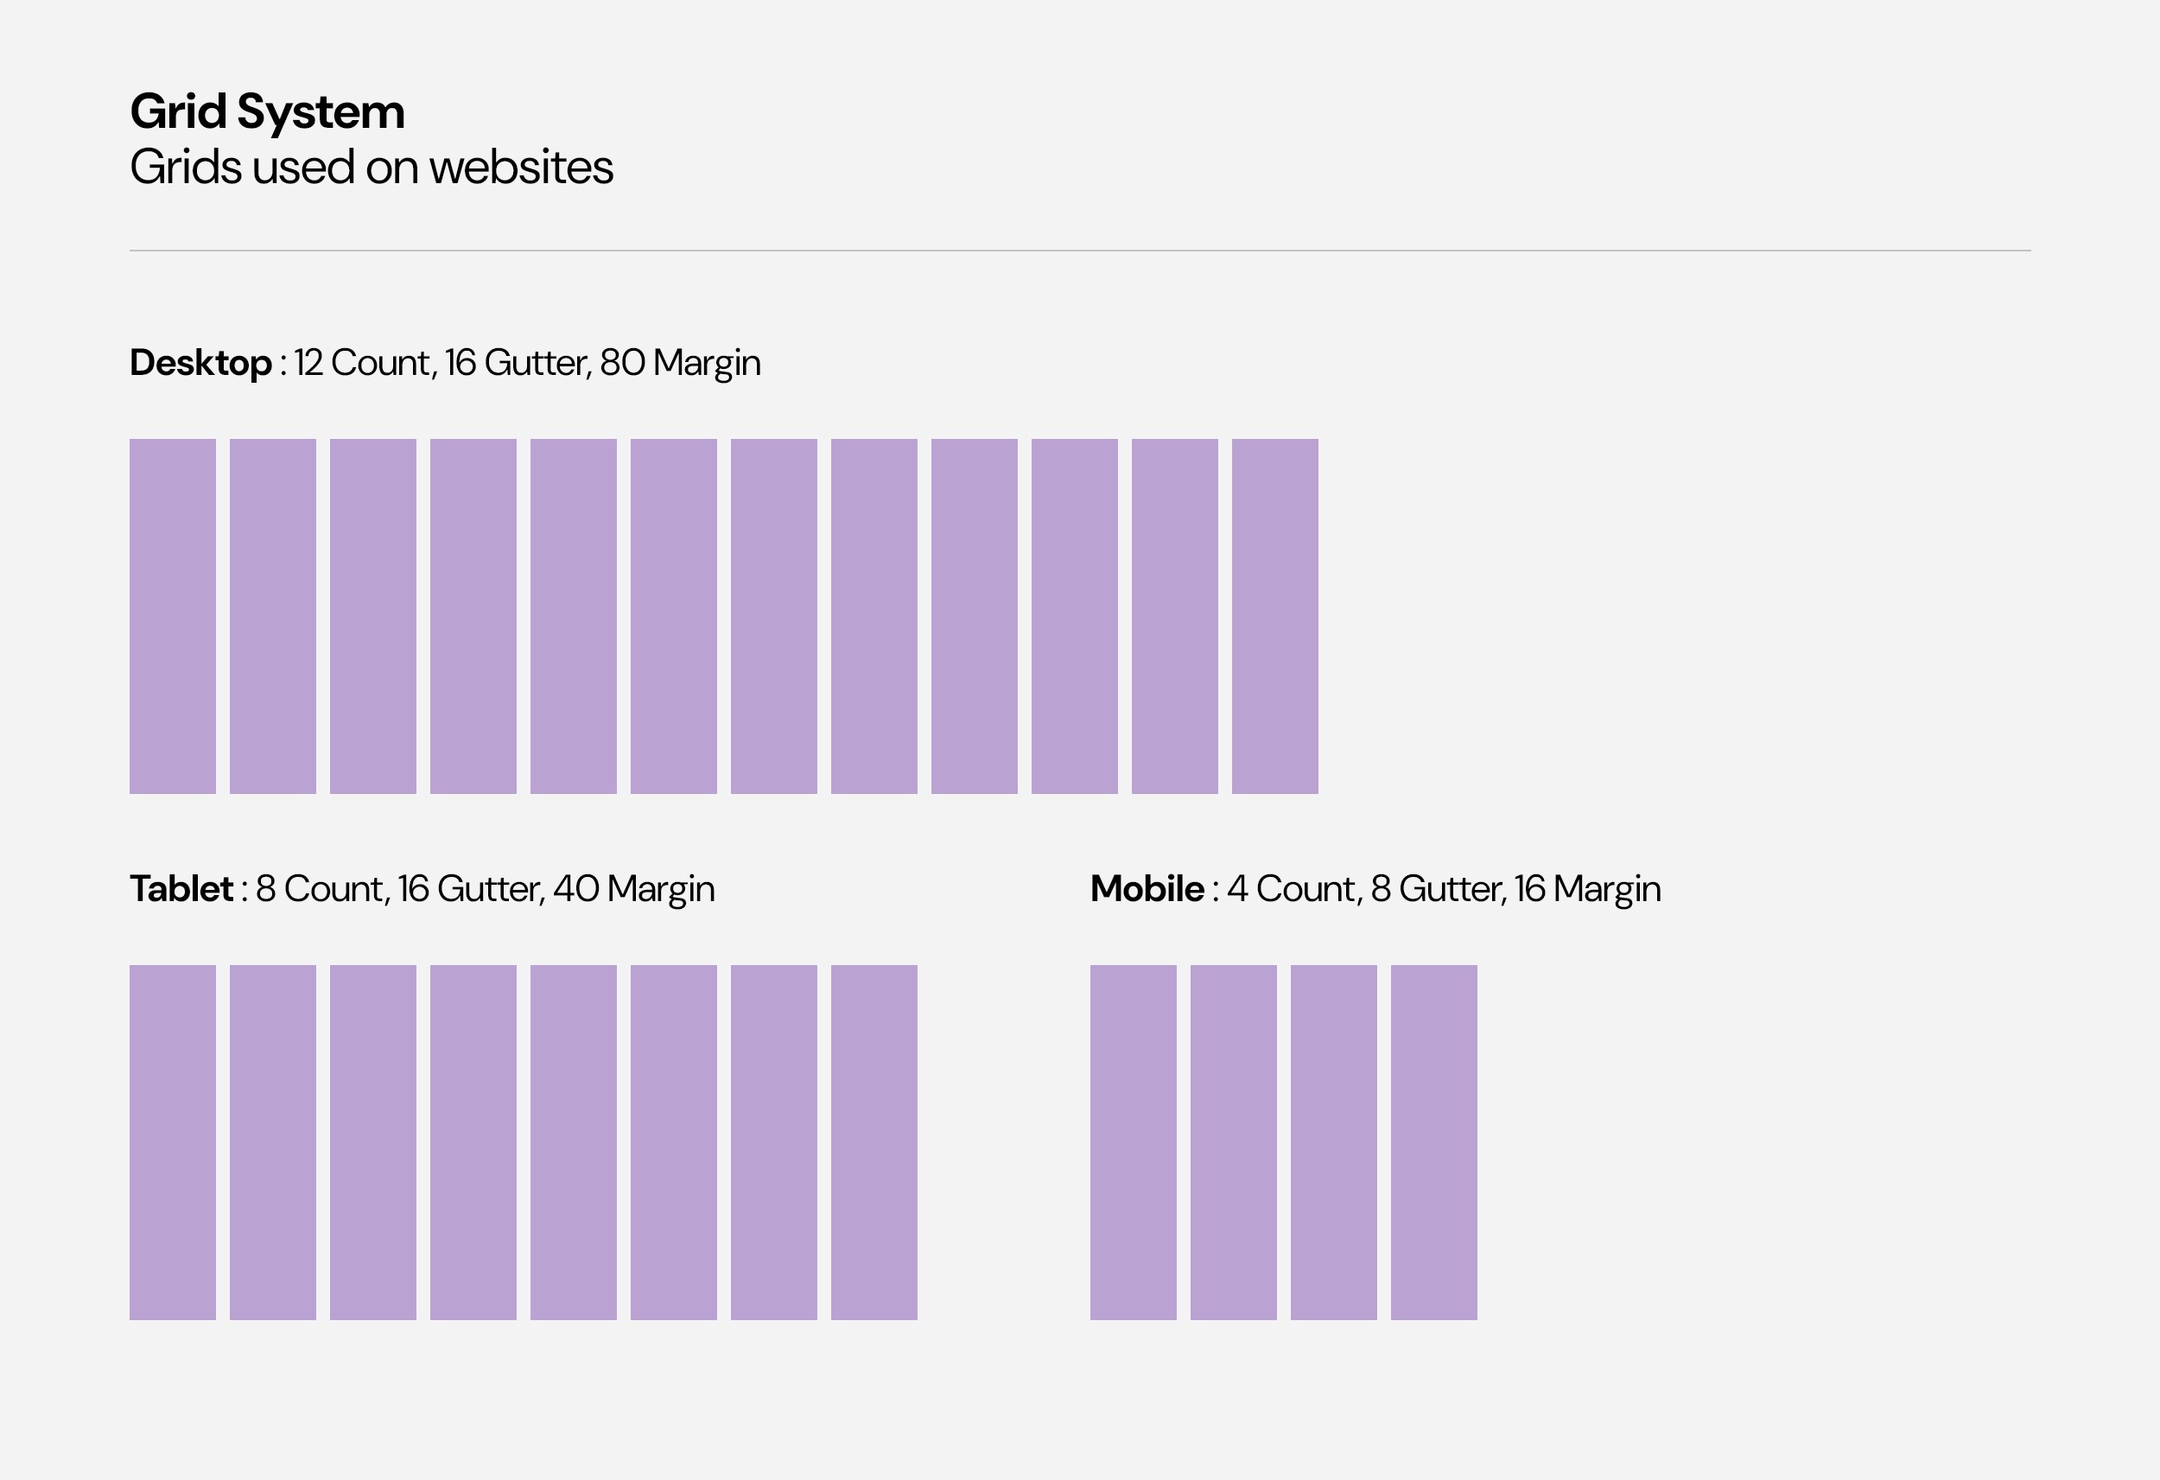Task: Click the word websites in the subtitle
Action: point(520,168)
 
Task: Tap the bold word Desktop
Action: point(200,364)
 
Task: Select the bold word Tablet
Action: point(181,889)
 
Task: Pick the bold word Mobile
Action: point(1147,889)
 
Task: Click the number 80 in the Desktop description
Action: point(622,363)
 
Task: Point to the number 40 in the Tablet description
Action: point(575,889)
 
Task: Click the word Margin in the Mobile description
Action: point(1606,891)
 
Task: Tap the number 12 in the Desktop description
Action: point(308,363)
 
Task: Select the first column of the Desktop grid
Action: point(173,616)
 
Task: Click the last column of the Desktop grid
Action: point(1275,616)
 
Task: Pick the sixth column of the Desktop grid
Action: point(674,616)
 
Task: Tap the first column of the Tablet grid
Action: point(173,1142)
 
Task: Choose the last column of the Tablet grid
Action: point(874,1142)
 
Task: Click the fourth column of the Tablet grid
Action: point(473,1142)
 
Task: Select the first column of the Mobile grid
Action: point(1133,1142)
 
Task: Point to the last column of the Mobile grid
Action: point(1434,1142)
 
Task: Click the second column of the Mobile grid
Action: point(1233,1142)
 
